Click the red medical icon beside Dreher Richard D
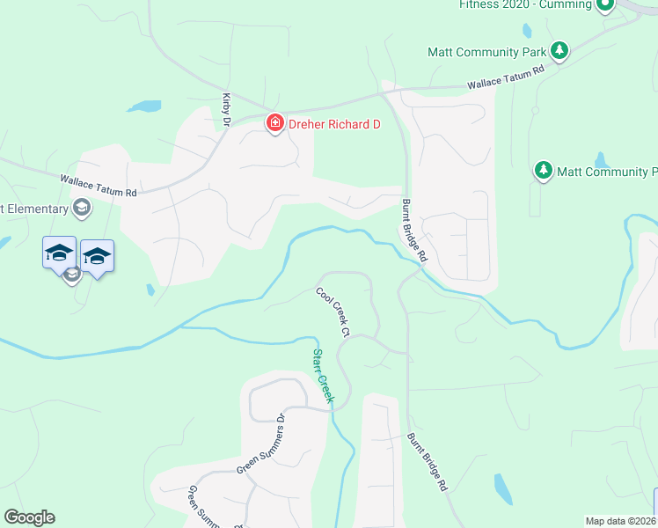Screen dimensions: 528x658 pyautogui.click(x=275, y=123)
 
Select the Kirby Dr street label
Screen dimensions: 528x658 pyautogui.click(x=226, y=109)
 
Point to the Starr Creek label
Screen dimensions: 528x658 pyautogui.click(x=324, y=376)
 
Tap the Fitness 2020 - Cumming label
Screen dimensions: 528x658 pyautogui.click(x=525, y=4)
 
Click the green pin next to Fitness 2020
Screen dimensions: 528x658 pyautogui.click(x=604, y=5)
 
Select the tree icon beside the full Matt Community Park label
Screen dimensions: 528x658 pyautogui.click(x=558, y=50)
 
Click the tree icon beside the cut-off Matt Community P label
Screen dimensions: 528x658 pyautogui.click(x=544, y=170)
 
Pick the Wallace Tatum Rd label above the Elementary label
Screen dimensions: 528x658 pyautogui.click(x=99, y=186)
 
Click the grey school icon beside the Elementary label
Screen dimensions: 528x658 pyautogui.click(x=82, y=209)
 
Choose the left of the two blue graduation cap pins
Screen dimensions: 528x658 pyautogui.click(x=59, y=253)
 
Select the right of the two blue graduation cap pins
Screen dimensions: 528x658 pyautogui.click(x=97, y=256)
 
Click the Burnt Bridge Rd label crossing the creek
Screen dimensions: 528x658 pyautogui.click(x=413, y=231)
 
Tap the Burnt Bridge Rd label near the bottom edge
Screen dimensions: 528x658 pyautogui.click(x=428, y=461)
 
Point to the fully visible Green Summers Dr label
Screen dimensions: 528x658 pyautogui.click(x=261, y=444)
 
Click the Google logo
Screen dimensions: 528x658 pyautogui.click(x=29, y=517)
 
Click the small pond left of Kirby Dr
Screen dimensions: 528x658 pyautogui.click(x=145, y=106)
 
